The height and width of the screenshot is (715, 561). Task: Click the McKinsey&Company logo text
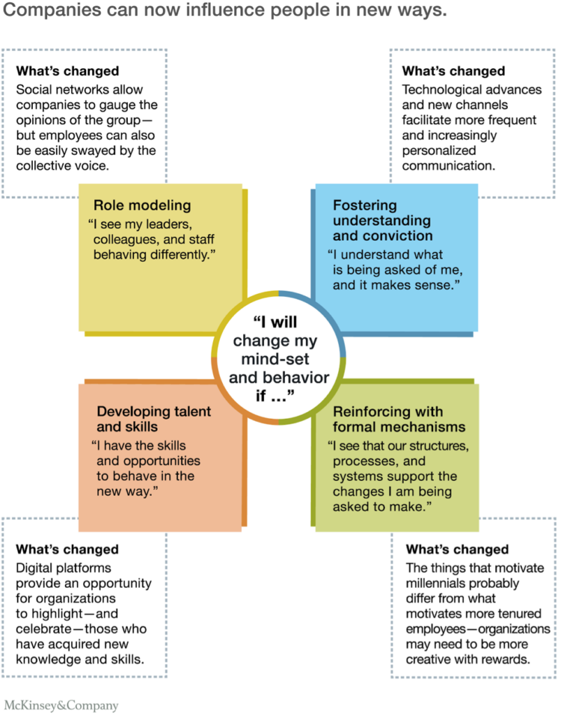pyautogui.click(x=61, y=705)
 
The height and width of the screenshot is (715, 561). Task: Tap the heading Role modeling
pyautogui.click(x=142, y=205)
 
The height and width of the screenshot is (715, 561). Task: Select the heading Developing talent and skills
pyautogui.click(x=154, y=419)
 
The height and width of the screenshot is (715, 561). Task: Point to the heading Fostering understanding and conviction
pyautogui.click(x=382, y=221)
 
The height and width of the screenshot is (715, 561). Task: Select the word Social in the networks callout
pyautogui.click(x=34, y=89)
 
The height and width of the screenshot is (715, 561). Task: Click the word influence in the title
pyautogui.click(x=205, y=12)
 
